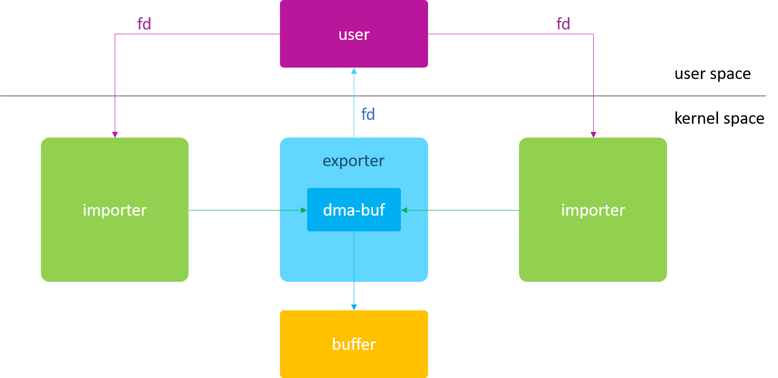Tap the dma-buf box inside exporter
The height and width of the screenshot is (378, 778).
click(354, 210)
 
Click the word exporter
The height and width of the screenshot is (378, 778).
click(353, 161)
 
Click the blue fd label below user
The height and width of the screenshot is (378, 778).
click(368, 114)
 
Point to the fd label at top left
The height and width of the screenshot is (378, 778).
click(144, 24)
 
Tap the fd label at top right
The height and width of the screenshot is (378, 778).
click(563, 24)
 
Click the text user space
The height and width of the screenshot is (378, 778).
click(712, 74)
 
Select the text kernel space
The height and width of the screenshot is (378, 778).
click(719, 118)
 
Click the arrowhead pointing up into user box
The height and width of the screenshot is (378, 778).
click(354, 71)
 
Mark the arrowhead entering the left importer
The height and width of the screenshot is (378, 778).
click(115, 135)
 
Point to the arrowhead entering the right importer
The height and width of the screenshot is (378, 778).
click(593, 135)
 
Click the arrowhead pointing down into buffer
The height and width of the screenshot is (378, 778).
click(354, 307)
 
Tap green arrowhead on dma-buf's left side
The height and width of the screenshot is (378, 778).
click(304, 210)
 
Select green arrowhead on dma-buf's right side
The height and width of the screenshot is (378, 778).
click(404, 210)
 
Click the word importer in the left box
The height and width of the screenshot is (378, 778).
click(114, 210)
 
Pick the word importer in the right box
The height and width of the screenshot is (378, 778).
click(593, 210)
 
